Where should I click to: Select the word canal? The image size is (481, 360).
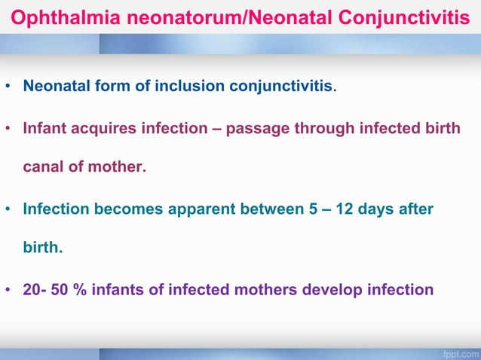[x=43, y=167]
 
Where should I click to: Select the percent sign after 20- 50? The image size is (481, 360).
[x=79, y=290]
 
